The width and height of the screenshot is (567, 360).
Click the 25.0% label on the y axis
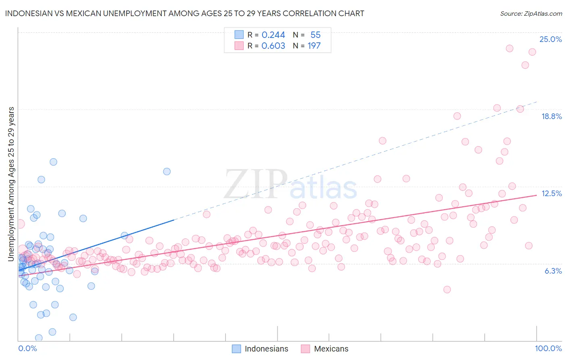(550, 39)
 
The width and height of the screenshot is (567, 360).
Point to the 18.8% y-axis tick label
(551, 116)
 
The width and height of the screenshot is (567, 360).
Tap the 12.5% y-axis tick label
(551, 193)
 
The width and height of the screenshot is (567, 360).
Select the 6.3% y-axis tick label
(553, 271)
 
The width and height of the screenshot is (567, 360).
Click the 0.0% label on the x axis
(27, 348)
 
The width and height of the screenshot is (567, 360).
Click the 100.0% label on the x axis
(548, 348)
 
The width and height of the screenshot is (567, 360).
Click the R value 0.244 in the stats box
(273, 35)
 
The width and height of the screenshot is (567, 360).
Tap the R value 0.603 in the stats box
(273, 46)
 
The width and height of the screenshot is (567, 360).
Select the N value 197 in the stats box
(314, 46)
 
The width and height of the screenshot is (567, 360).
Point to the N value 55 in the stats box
(315, 35)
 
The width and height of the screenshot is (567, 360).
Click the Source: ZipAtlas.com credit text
(531, 13)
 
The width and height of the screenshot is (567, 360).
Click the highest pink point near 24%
(509, 48)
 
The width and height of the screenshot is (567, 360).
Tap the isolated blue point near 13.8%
(167, 172)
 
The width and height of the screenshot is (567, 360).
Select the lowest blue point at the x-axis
(39, 338)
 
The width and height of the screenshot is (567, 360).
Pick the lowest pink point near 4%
(447, 289)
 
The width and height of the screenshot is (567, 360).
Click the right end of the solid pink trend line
(536, 195)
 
